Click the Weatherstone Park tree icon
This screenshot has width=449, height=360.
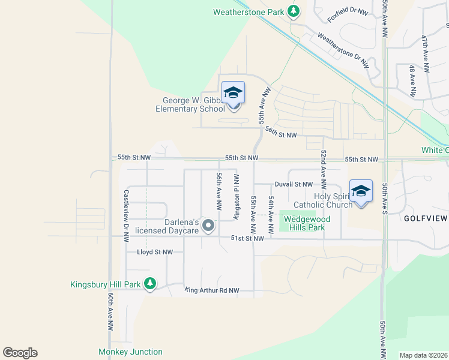click(293, 11)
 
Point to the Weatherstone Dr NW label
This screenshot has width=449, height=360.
click(343, 48)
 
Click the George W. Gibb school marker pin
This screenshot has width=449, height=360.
click(233, 94)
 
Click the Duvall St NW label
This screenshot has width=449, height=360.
click(294, 184)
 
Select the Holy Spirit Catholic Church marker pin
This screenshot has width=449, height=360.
click(361, 193)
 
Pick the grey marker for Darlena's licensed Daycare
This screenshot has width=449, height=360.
click(208, 226)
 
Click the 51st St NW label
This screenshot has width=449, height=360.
click(248, 238)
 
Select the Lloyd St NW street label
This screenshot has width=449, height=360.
click(155, 253)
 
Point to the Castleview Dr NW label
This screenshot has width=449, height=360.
click(126, 215)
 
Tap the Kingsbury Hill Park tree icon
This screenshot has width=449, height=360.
click(150, 284)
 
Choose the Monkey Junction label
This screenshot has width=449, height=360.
click(130, 352)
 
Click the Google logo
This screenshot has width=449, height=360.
click(20, 353)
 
